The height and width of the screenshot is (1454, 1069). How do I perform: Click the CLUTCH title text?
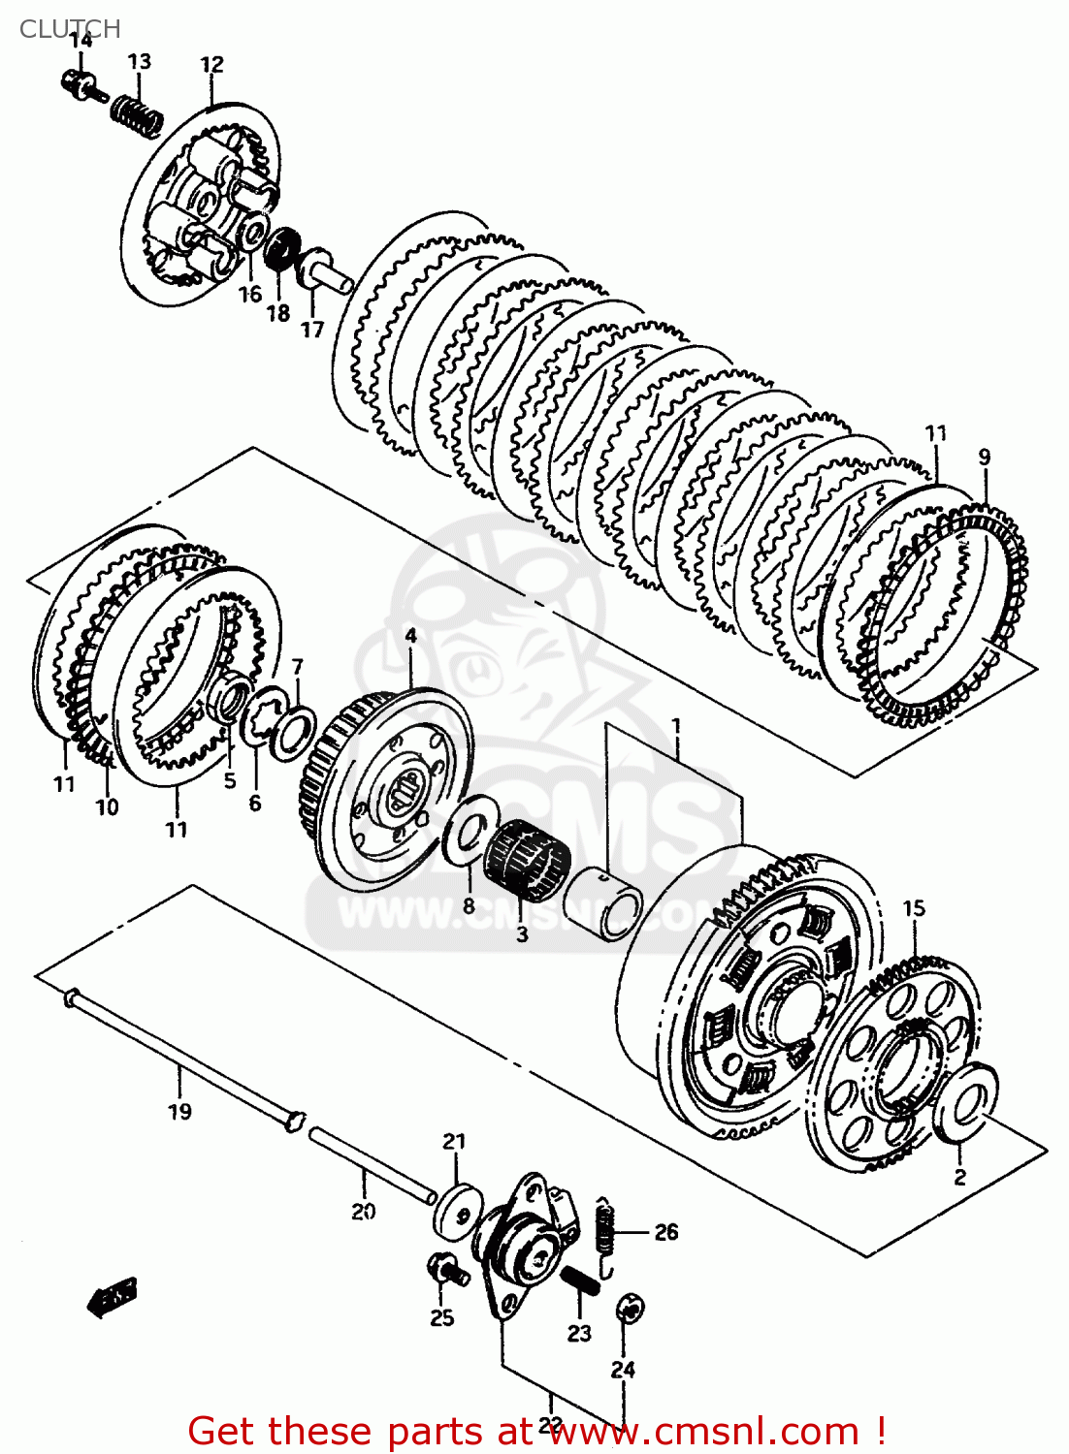(x=70, y=29)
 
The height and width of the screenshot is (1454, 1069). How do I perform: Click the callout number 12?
(x=211, y=65)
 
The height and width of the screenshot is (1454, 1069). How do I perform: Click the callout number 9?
(x=984, y=457)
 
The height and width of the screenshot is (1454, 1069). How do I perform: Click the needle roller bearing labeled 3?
(x=525, y=853)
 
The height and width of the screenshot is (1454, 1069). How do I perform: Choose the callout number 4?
(x=410, y=636)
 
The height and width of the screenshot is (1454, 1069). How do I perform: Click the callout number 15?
(x=914, y=908)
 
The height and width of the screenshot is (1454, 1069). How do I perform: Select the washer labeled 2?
(x=964, y=1103)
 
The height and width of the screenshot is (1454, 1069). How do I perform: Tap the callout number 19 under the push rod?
(x=180, y=1112)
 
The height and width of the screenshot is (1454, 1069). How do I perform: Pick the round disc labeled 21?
(x=458, y=1209)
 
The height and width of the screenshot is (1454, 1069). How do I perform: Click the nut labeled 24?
(x=630, y=1311)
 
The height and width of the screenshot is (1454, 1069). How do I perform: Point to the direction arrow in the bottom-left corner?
(x=113, y=1296)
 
